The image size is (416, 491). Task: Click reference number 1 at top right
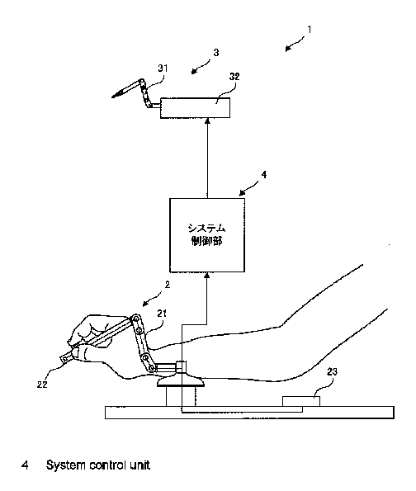[x=310, y=30]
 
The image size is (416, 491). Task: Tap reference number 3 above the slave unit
[x=216, y=53]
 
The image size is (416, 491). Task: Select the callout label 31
[x=163, y=68]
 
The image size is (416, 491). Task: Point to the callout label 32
[x=234, y=77]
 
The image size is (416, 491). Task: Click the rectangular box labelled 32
[x=195, y=108]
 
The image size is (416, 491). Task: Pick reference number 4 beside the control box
[x=264, y=174]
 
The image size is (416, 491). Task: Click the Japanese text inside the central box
[x=206, y=234]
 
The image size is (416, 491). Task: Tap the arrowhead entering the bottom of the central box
[x=206, y=276]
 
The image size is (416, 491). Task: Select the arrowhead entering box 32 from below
[x=206, y=121]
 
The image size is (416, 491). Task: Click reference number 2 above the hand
[x=168, y=285]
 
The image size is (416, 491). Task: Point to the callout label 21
[x=162, y=314]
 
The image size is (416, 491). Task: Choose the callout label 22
[x=42, y=385]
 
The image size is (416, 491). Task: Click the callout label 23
[x=332, y=371]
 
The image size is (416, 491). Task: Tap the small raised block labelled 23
[x=301, y=401]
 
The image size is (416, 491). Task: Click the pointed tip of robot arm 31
[x=113, y=97]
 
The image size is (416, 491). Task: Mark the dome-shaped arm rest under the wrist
[x=181, y=380]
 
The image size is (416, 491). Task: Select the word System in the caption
[x=65, y=465]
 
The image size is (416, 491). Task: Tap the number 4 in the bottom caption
[x=25, y=465]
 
